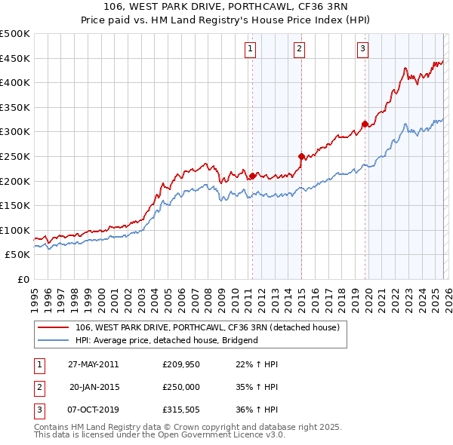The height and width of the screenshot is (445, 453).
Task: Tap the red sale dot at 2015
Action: pyautogui.click(x=301, y=156)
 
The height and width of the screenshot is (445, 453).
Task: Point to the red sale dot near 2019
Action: pyautogui.click(x=365, y=124)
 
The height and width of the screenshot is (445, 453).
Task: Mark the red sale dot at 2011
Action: pyautogui.click(x=252, y=176)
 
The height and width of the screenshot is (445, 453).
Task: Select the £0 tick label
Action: pyautogui.click(x=23, y=279)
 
